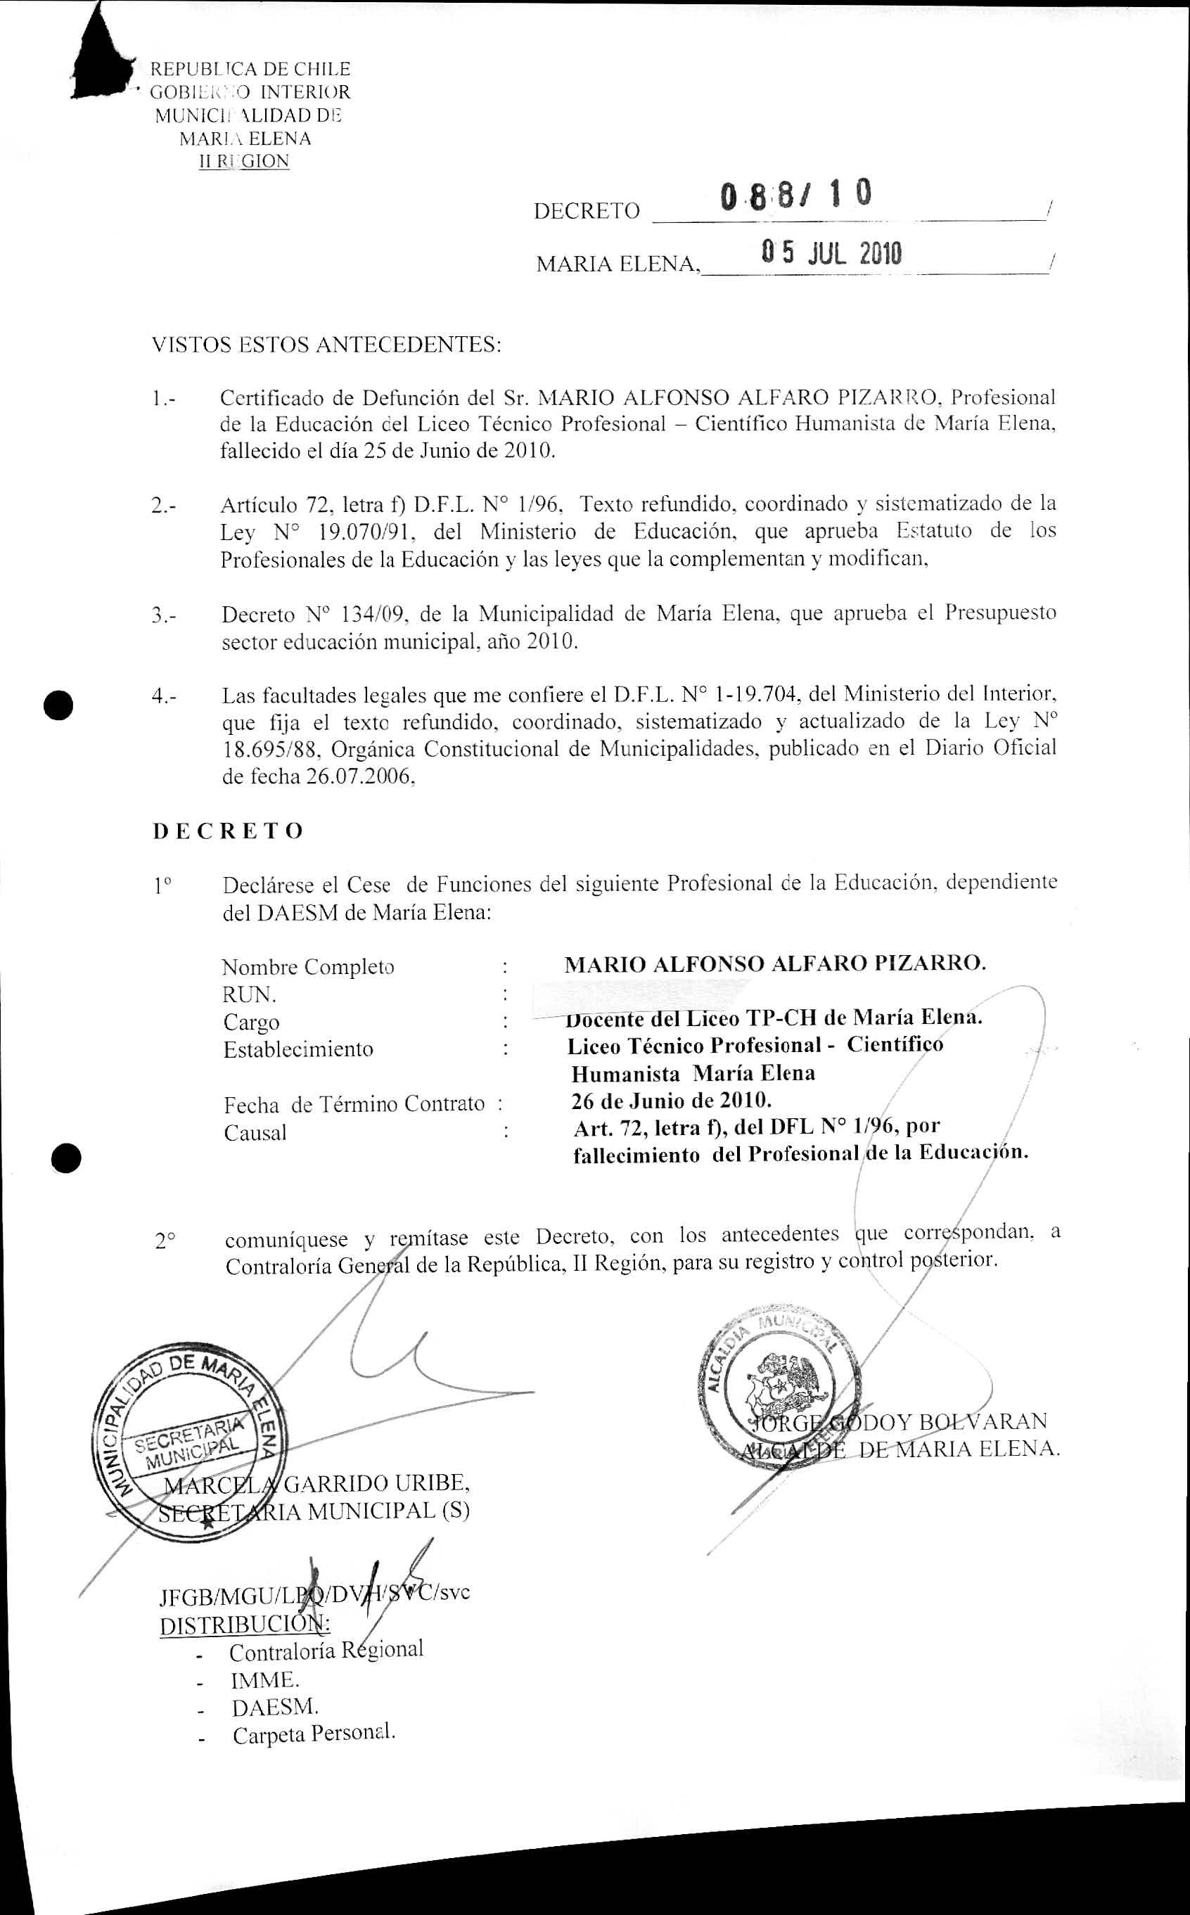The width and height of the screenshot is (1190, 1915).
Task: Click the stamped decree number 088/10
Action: tap(795, 195)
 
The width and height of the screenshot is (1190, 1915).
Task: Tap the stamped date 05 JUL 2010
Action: tap(831, 253)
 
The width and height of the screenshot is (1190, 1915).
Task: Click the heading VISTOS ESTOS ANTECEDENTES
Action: tap(326, 345)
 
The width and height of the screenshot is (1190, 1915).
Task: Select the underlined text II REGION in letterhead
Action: tap(244, 162)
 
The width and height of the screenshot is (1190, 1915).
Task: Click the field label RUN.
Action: tap(249, 994)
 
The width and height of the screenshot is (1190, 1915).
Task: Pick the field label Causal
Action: tap(255, 1133)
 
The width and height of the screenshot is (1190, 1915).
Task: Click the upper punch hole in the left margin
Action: tap(59, 704)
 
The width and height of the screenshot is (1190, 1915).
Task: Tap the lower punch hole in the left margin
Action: tap(67, 1158)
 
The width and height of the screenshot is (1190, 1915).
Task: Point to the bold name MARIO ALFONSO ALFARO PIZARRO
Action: tap(774, 963)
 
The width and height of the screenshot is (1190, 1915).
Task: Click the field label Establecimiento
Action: tap(298, 1049)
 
